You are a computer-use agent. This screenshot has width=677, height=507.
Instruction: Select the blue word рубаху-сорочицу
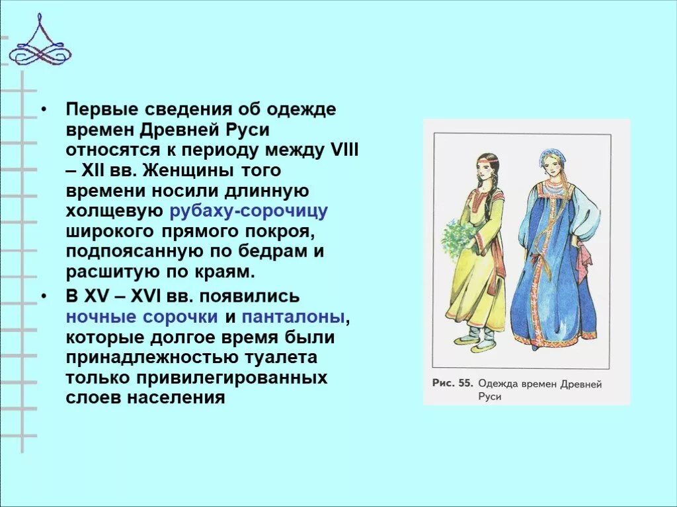pyautogui.click(x=249, y=212)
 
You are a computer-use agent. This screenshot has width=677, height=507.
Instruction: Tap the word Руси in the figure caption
pyautogui.click(x=490, y=397)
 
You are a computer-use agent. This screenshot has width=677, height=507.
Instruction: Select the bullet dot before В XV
pyautogui.click(x=44, y=296)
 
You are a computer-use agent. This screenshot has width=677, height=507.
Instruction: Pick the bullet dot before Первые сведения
pyautogui.click(x=44, y=110)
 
